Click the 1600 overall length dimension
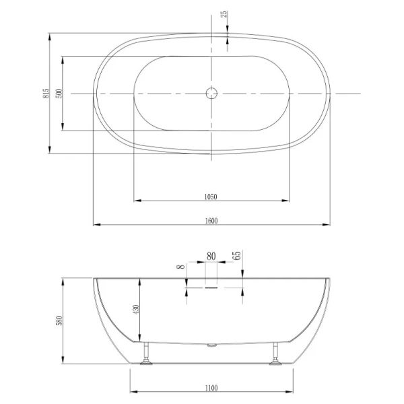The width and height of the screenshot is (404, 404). tap(211, 221)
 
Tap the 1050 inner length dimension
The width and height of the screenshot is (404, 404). tap(211, 197)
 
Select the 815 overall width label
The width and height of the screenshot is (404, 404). tap(46, 94)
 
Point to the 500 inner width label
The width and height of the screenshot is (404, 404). tap(59, 94)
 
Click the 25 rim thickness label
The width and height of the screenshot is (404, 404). tap(224, 14)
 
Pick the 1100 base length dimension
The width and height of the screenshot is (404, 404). tap(211, 388)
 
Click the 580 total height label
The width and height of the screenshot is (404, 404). tap(59, 321)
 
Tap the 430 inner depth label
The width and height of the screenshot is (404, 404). tap(136, 310)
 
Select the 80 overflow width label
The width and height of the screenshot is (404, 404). tap(211, 256)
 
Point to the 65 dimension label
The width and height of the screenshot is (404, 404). tap(236, 255)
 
